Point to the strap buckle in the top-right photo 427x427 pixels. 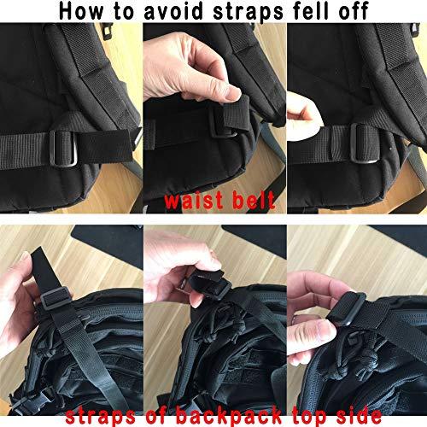[352, 137]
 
